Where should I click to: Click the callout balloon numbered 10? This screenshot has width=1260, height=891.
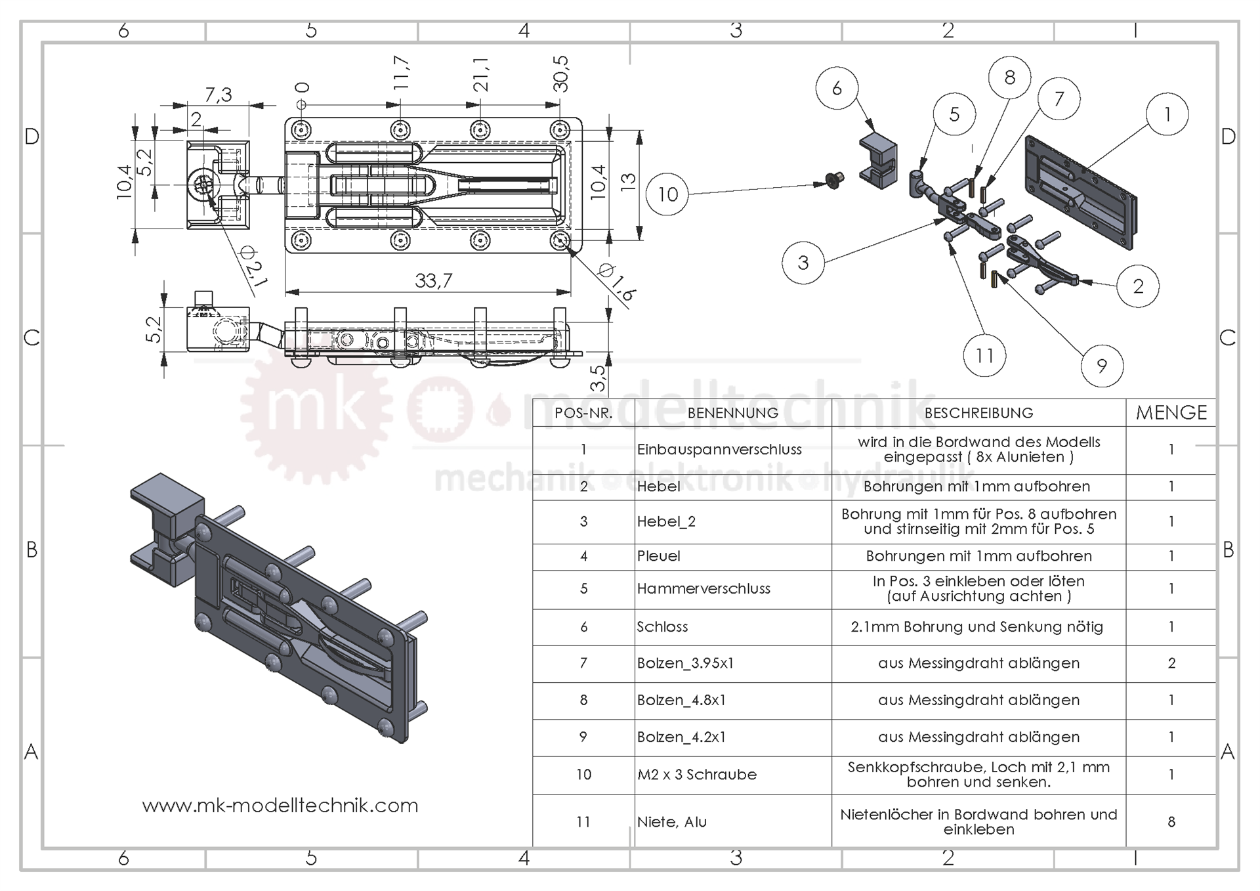coord(667,194)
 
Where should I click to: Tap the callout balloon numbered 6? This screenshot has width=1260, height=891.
coord(837,89)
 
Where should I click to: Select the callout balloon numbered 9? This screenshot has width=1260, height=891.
coord(1101,366)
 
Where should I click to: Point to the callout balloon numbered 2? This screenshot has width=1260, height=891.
coord(1138,286)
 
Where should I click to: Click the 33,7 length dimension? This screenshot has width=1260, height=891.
coord(433,281)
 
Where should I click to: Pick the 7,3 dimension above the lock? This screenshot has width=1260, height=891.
coord(218,95)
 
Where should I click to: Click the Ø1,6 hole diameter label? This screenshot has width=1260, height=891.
coord(617,283)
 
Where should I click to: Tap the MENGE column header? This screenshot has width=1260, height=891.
coord(1171,413)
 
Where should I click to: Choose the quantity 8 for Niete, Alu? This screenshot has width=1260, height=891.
coord(1171,821)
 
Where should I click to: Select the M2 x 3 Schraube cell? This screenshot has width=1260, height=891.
coord(697,775)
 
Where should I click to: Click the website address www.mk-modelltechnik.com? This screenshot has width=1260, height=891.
coord(280,806)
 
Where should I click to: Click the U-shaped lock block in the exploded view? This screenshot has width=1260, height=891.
coord(878,160)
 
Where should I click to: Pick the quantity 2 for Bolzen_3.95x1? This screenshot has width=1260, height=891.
coord(1171,663)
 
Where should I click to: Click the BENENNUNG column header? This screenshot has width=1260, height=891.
coord(732,413)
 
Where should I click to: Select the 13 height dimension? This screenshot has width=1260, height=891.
coord(628,182)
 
